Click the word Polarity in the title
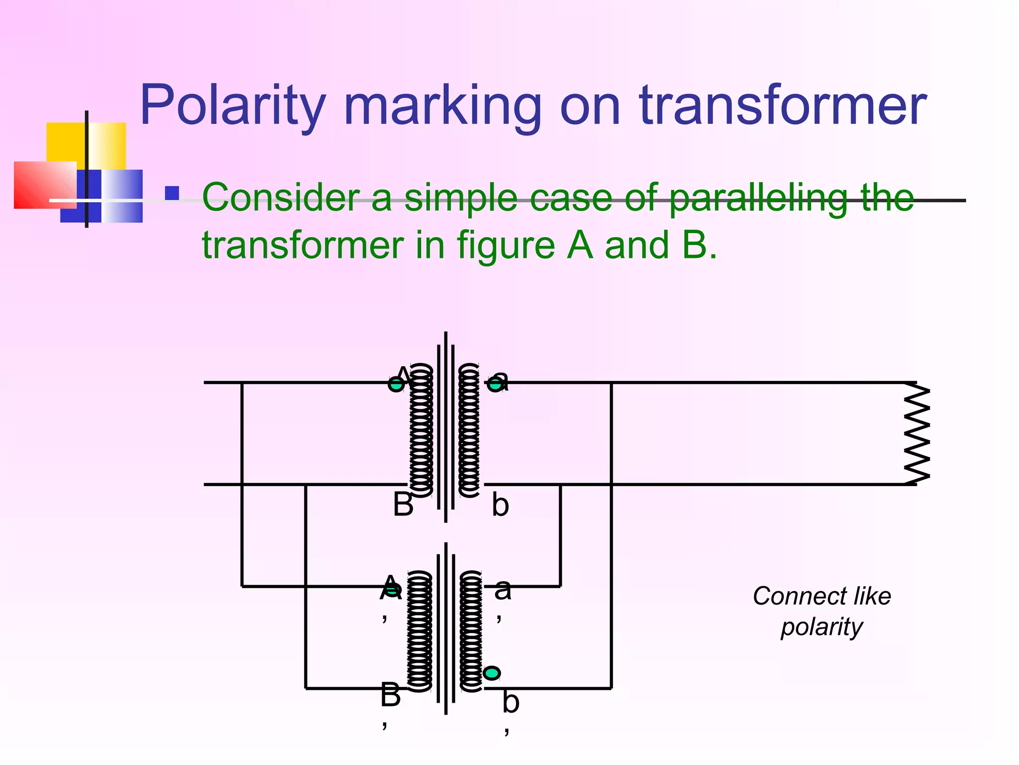coord(232,106)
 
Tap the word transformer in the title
coord(782,106)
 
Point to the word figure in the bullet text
coord(506,245)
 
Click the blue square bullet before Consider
coord(172,193)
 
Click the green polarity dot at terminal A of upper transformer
coord(396,384)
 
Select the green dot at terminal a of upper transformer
coord(495,384)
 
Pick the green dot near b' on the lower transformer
coord(492,673)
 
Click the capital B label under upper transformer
coord(403,504)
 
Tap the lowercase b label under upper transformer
coord(500,505)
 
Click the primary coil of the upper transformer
coord(421,431)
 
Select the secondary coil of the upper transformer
coord(469,431)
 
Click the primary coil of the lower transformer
coord(419,631)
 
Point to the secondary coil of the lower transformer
coord(471,631)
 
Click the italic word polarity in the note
coord(821,627)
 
